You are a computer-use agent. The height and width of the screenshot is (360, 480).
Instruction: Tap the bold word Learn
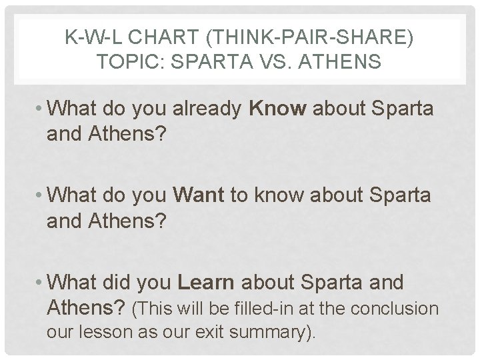point(206,282)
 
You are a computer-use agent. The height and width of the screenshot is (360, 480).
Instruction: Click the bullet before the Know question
point(41,109)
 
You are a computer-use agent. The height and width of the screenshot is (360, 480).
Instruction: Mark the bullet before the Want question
point(41,195)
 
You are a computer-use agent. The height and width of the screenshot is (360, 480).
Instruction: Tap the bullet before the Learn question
point(41,282)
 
